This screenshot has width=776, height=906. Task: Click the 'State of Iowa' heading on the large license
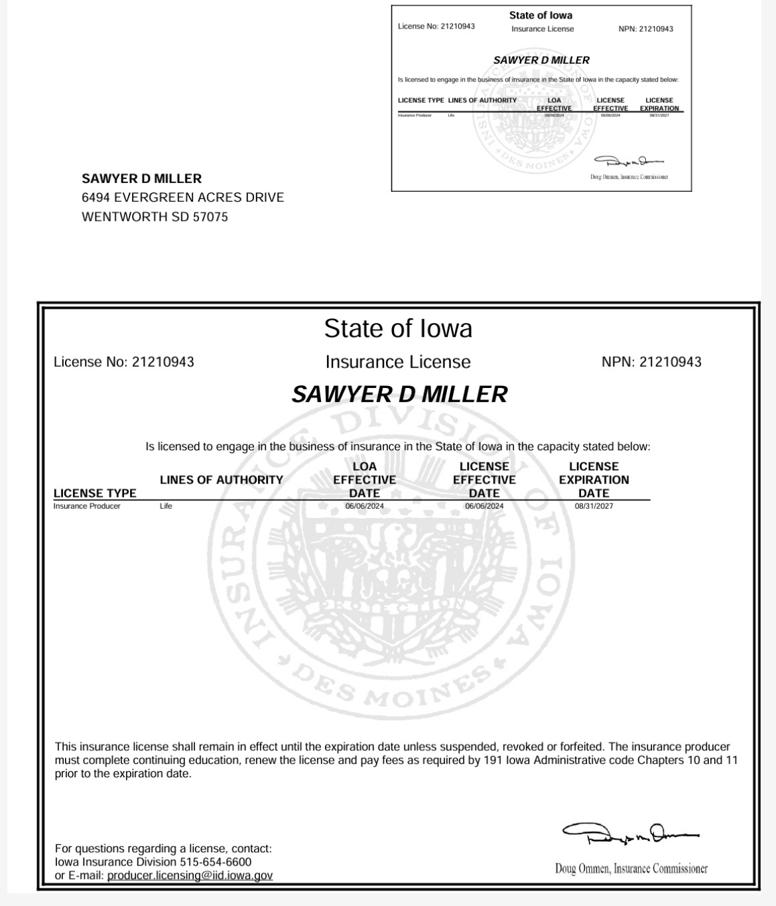tap(398, 328)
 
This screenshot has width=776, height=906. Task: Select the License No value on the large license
tap(162, 362)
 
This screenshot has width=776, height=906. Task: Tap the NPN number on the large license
tap(670, 362)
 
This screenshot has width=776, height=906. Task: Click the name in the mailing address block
tap(141, 178)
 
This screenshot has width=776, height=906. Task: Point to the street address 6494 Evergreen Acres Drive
tap(182, 198)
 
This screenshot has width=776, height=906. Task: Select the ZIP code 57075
tap(210, 217)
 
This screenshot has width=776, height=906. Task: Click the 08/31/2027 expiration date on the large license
tap(594, 506)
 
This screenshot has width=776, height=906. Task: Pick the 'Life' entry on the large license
tap(166, 506)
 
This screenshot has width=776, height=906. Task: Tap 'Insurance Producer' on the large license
tap(87, 506)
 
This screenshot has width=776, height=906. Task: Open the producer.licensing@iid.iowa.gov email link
tap(190, 875)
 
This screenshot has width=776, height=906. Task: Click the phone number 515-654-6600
tap(216, 862)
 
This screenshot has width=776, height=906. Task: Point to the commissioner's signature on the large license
tap(630, 834)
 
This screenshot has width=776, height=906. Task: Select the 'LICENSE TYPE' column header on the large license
tap(95, 493)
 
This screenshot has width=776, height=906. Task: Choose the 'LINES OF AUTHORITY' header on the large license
tap(222, 480)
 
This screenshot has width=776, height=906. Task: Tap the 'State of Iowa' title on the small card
tap(541, 15)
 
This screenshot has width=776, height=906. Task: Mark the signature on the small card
tap(628, 161)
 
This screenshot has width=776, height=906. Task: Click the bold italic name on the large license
tap(399, 395)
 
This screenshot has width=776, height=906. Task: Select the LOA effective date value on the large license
tap(364, 506)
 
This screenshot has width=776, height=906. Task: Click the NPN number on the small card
tap(656, 29)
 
